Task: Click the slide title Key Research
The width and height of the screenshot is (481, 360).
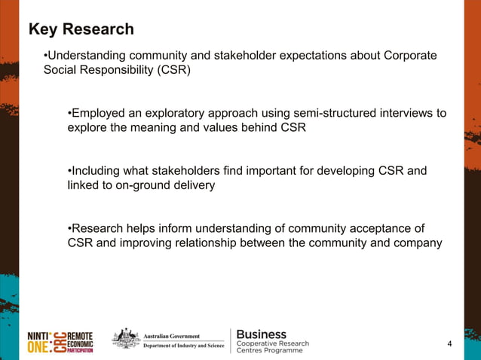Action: (x=81, y=29)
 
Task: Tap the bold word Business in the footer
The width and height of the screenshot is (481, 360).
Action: (x=262, y=334)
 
